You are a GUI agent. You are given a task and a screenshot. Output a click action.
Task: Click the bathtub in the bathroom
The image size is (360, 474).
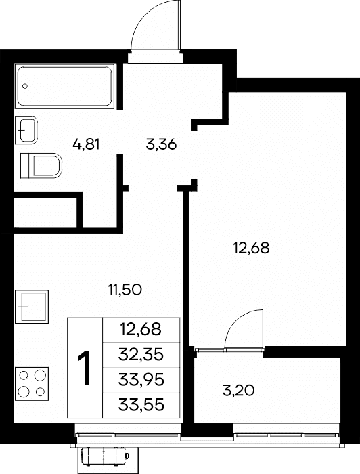[x=65, y=86]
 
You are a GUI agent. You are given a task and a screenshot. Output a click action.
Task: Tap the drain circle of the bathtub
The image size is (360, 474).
[x=25, y=86]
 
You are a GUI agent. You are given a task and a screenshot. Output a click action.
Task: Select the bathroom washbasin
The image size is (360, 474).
[x=26, y=130]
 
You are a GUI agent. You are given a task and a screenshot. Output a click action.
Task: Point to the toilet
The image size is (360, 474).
[x=41, y=166]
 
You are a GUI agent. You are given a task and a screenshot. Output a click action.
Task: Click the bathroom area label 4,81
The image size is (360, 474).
[x=86, y=144]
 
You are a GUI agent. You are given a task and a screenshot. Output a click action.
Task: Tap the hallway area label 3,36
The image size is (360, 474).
[x=161, y=144]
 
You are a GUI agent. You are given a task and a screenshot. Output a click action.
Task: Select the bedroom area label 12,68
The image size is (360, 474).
[x=251, y=249]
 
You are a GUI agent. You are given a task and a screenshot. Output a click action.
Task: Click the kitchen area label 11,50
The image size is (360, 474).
[x=125, y=290]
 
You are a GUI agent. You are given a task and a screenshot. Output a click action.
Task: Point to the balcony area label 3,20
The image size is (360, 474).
[x=239, y=391]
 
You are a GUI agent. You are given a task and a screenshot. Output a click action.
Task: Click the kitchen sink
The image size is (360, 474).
[x=32, y=307]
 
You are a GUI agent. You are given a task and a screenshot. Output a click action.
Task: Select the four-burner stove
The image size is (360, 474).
[x=32, y=384]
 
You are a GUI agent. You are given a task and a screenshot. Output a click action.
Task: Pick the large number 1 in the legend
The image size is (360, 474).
[x=85, y=368]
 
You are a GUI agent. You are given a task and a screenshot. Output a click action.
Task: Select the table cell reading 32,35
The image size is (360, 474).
[x=141, y=355]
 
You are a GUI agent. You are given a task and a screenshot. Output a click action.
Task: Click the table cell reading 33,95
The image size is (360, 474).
[x=141, y=381]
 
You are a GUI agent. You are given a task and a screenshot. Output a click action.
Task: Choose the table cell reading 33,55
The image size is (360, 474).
[x=141, y=406]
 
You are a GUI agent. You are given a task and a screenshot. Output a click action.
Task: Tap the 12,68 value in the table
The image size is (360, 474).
[x=141, y=330]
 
